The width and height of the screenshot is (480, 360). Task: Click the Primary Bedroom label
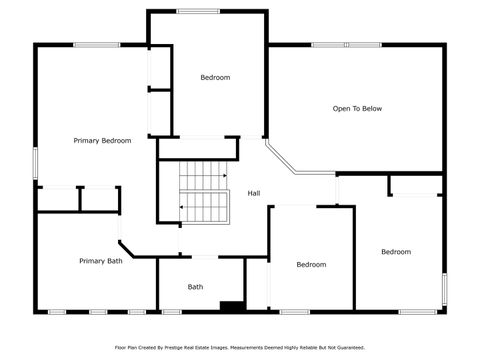tap(102, 141)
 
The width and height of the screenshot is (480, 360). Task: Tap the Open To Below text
tap(357, 109)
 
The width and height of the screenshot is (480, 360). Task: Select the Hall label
tap(254, 193)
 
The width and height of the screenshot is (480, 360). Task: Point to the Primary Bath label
tap(101, 261)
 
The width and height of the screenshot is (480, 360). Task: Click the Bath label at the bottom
tap(196, 287)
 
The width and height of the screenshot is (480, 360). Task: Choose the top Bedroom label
tap(215, 78)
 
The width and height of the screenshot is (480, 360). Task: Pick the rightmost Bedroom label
tap(396, 252)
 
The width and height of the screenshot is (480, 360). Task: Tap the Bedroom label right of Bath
tap(311, 265)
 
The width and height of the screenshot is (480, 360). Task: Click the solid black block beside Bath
tap(232, 306)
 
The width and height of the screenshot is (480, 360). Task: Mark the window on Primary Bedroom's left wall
tap(35, 163)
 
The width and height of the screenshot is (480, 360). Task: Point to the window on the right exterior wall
tap(444, 289)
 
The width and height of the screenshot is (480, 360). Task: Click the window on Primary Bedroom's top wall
tap(97, 44)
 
